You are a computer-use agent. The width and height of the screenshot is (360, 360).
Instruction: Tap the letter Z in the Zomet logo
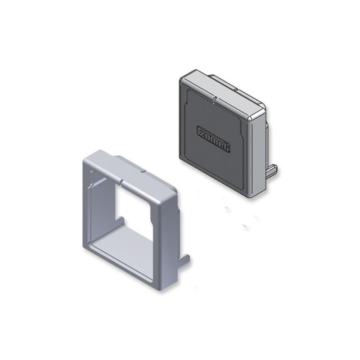pyautogui.click(x=201, y=130)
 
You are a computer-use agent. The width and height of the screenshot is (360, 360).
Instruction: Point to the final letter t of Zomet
pyautogui.click(x=227, y=145)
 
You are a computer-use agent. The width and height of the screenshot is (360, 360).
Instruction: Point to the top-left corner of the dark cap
pyautogui.click(x=181, y=78)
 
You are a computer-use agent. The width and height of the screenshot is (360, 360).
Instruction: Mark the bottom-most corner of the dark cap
pyautogui.click(x=252, y=196)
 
